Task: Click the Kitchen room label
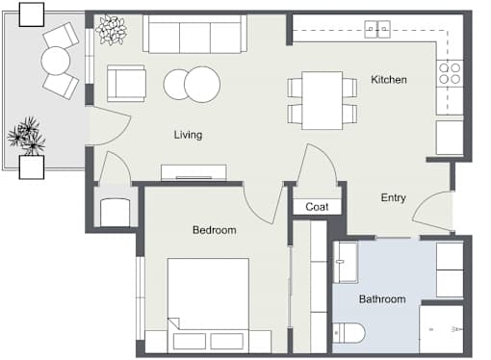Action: click(x=389, y=80)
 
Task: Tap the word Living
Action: click(x=188, y=135)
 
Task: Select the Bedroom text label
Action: click(x=215, y=230)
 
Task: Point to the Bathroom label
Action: click(x=382, y=299)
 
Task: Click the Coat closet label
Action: click(x=317, y=207)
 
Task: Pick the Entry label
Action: click(x=394, y=198)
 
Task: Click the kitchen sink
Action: click(x=377, y=29)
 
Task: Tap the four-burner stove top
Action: click(x=450, y=73)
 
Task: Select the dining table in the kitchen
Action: click(x=323, y=100)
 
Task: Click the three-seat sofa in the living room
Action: click(x=194, y=34)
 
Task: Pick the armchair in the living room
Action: click(x=126, y=84)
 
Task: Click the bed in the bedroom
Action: click(x=208, y=305)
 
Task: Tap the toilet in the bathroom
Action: click(x=349, y=333)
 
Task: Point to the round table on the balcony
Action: click(x=56, y=61)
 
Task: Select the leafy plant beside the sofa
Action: click(x=111, y=30)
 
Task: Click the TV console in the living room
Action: click(x=194, y=172)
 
